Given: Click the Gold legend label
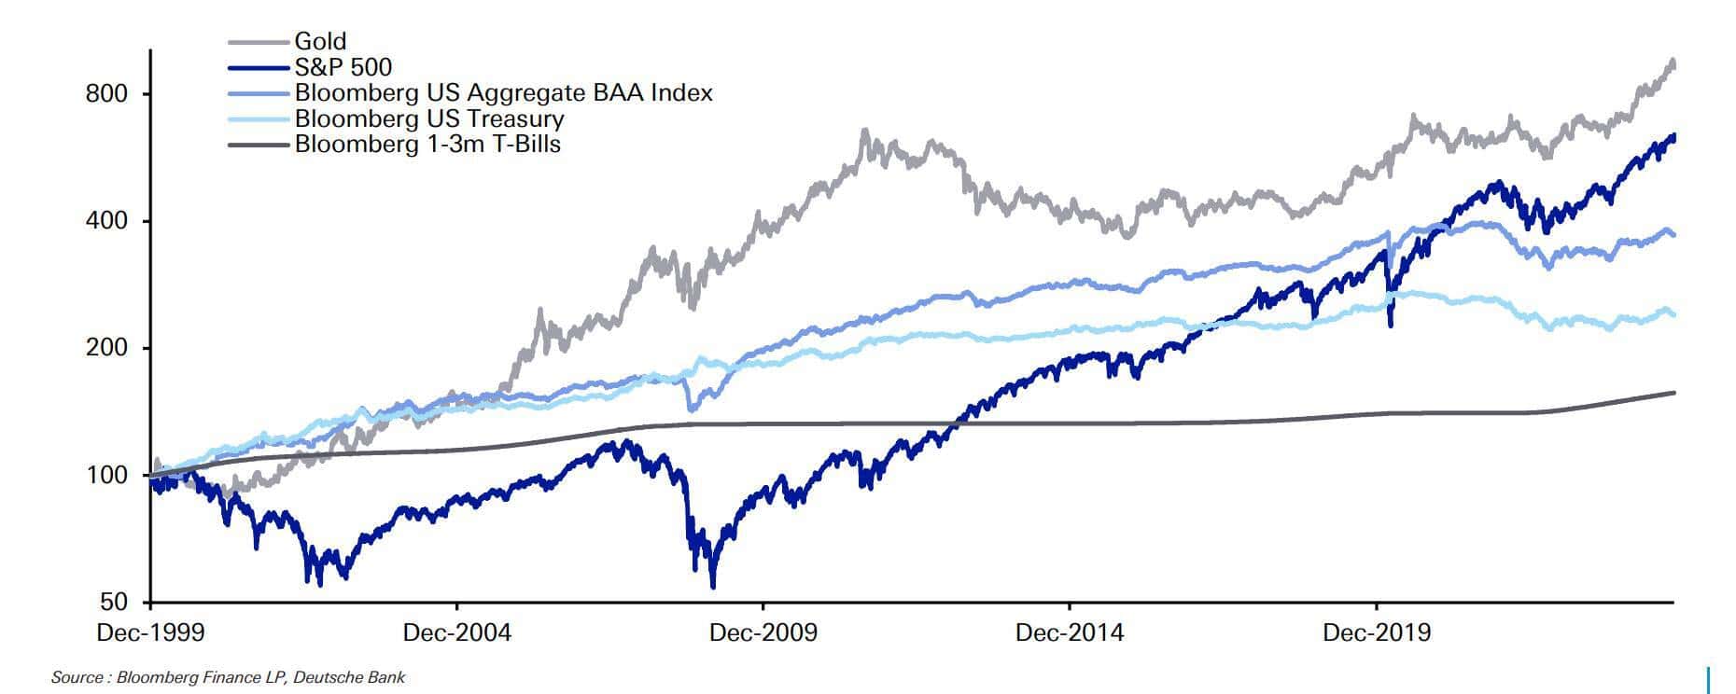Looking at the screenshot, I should [x=320, y=41].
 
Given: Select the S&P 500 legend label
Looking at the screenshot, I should [x=343, y=67].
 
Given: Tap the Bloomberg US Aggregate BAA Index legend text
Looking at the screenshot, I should [x=503, y=92].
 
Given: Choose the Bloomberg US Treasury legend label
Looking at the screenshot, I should [x=429, y=118].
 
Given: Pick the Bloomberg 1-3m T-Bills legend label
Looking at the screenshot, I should [x=427, y=144].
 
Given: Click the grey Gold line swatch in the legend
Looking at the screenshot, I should [x=259, y=42].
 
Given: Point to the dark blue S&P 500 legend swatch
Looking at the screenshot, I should [x=259, y=67].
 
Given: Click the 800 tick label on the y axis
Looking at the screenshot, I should [x=106, y=94].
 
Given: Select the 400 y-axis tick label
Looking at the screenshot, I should [x=106, y=221].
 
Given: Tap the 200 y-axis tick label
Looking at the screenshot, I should [x=106, y=348].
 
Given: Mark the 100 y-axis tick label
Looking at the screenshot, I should [x=106, y=475].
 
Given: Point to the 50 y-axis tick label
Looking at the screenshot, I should [x=114, y=602].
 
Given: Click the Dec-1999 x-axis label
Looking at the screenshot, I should [x=150, y=632].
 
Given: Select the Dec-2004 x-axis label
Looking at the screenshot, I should [x=456, y=632].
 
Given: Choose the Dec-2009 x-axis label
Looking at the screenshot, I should [x=763, y=632].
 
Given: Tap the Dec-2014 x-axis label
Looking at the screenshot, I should [x=1070, y=632].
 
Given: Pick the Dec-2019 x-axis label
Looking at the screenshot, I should [x=1377, y=632].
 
